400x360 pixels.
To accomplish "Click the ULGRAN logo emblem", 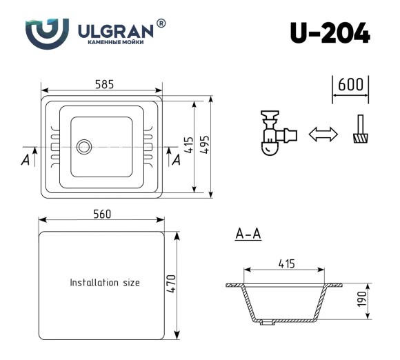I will tap(47, 31).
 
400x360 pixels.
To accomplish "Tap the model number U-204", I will tap(330, 32).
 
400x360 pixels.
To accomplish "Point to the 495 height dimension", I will tap(205, 146).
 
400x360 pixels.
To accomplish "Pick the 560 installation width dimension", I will tap(102, 214).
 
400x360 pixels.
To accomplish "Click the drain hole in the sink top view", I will tap(84, 146).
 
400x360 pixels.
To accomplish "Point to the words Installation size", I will tap(105, 283).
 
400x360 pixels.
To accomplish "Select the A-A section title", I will tap(248, 235).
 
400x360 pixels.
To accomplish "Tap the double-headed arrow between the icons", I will tap(322, 134).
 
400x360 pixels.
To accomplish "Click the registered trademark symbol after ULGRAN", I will tap(161, 23).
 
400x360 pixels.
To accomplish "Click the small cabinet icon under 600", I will tap(359, 130).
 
